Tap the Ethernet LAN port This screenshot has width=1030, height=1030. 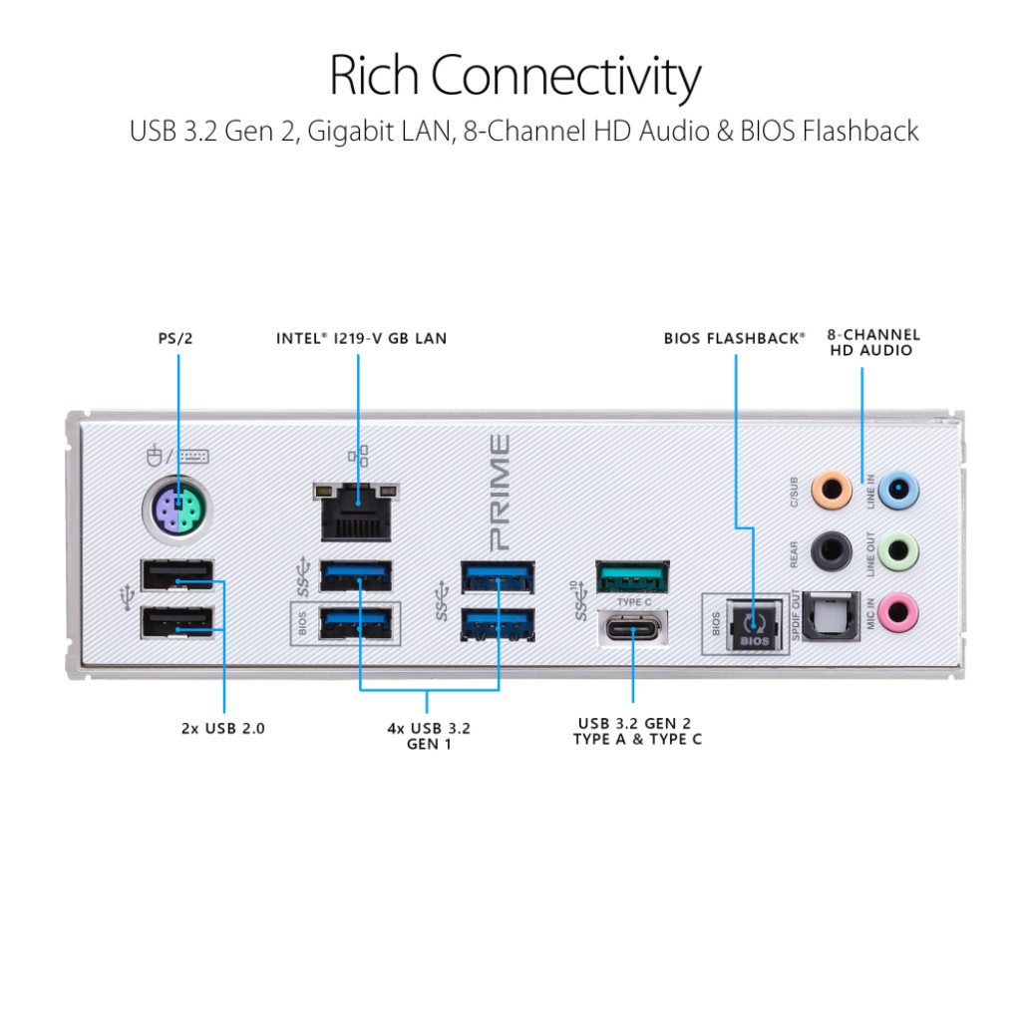pyautogui.click(x=356, y=509)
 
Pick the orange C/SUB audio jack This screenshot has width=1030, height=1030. pyautogui.click(x=831, y=490)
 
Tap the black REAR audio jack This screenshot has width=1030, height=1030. pyautogui.click(x=831, y=547)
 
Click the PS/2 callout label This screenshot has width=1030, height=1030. pyautogui.click(x=174, y=338)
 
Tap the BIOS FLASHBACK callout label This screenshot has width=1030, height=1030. pyautogui.click(x=735, y=338)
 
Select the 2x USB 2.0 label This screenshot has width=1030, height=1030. pyautogui.click(x=223, y=728)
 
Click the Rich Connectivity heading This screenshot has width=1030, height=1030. pyautogui.click(x=515, y=77)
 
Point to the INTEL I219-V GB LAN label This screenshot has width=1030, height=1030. pyautogui.click(x=361, y=338)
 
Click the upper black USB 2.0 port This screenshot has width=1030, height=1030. pyautogui.click(x=177, y=576)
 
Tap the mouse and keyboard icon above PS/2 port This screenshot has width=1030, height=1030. pyautogui.click(x=178, y=457)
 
